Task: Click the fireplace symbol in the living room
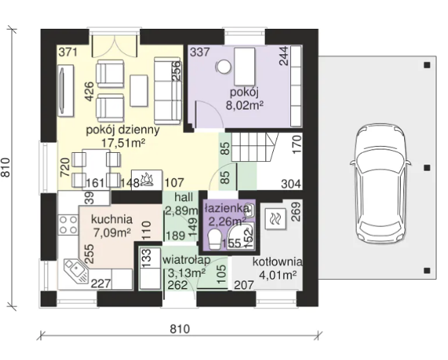pos(147,180)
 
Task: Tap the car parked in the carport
pos(381,184)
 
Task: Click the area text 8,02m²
pos(244,106)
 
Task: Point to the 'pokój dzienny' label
pos(123,130)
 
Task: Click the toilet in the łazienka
pos(214,239)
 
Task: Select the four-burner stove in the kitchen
pos(69,225)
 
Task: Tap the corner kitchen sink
pos(75,271)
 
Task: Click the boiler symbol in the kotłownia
pos(275,219)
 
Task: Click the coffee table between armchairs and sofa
pos(139,91)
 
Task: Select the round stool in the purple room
pos(223,67)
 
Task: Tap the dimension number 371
pos(68,53)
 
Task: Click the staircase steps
pos(255,147)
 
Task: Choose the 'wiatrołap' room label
pos(187,261)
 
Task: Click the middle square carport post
pos(427,167)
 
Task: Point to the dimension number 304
pos(291,184)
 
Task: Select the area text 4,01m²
pos(277,275)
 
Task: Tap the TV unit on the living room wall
pos(65,91)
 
